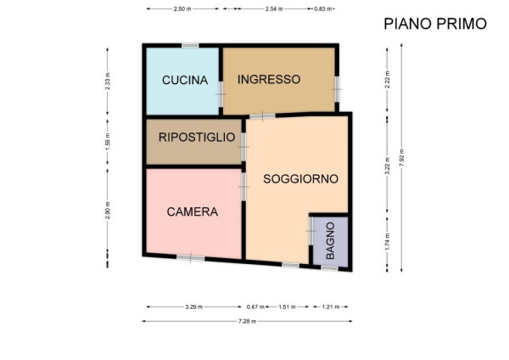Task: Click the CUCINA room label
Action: coord(185,80)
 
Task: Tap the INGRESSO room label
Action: coord(269,79)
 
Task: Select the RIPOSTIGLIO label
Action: coord(197,137)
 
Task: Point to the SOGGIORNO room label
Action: coord(300,178)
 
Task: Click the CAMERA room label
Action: coord(193,212)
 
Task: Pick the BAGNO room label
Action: coord(330,241)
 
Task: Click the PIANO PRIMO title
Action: coord(435,24)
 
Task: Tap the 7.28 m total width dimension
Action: coord(248,321)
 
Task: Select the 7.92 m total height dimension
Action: coord(401,158)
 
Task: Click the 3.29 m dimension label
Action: coord(193,307)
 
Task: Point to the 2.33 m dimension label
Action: coord(108,82)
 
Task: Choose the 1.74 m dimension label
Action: coord(387,242)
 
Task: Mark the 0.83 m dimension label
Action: coord(322,8)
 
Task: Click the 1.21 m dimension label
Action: coord(331,307)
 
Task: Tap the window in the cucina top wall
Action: coord(190,46)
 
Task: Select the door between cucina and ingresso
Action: coord(221,94)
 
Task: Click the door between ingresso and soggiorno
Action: coord(262,115)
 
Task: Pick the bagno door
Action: coord(310,231)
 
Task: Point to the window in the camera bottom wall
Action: coord(191,258)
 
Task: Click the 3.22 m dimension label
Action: coord(387,166)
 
